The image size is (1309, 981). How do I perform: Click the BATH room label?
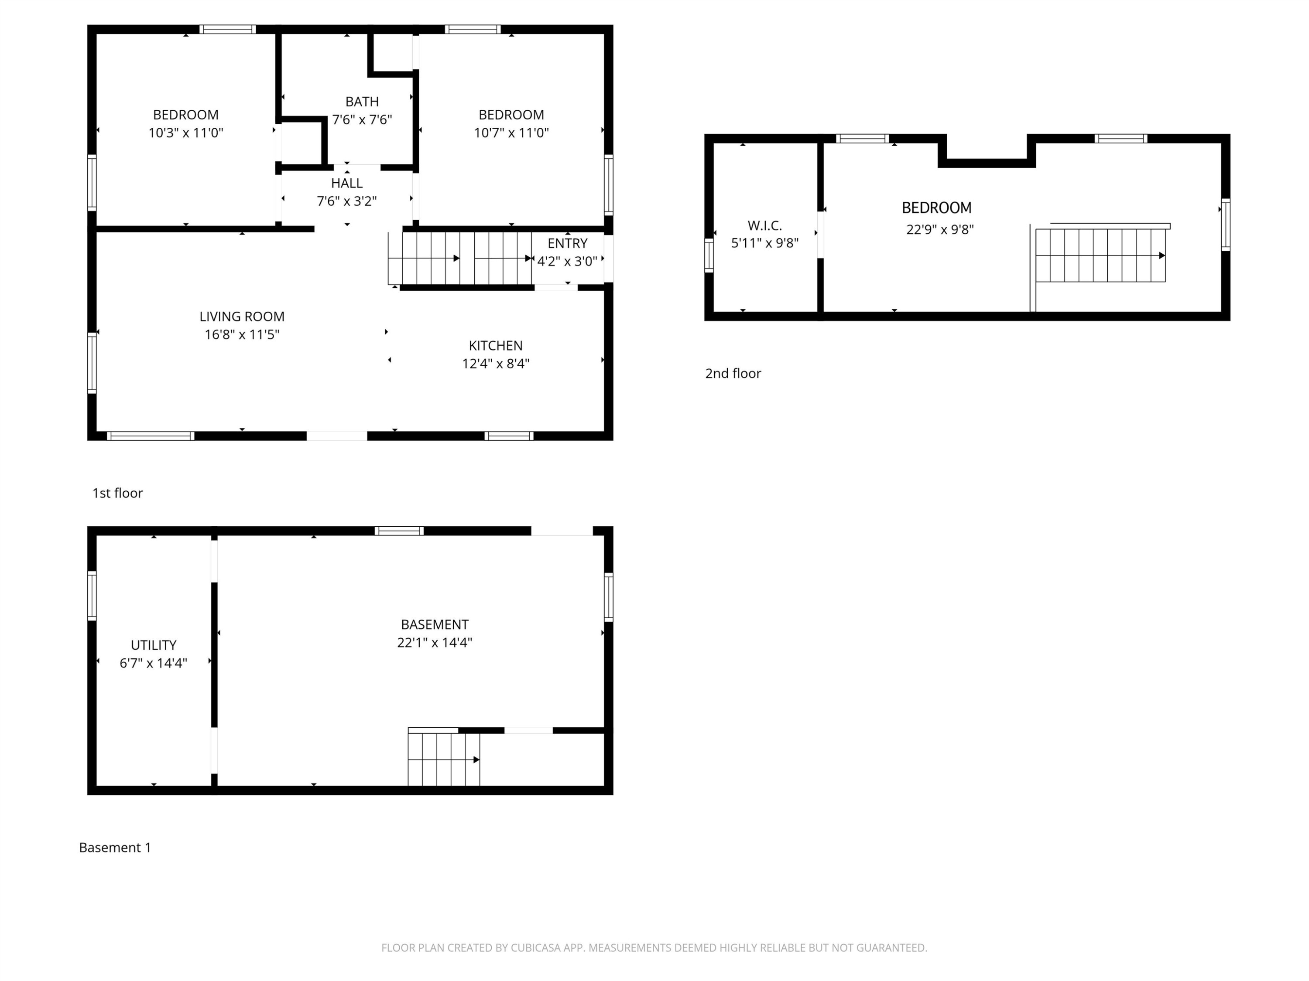point(362,102)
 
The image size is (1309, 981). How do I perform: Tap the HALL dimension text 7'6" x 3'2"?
point(347,201)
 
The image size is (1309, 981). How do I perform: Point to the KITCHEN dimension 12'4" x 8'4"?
point(496,364)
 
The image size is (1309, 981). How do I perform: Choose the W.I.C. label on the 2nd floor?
point(764,225)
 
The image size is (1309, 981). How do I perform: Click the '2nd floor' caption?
point(733,373)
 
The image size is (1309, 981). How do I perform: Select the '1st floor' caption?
point(117,493)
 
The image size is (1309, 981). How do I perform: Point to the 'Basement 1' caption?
point(115,847)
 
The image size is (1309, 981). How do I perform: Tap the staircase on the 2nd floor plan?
point(1101,255)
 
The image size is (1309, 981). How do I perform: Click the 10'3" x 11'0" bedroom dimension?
point(186,133)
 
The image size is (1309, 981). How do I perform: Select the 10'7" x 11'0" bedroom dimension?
point(511,133)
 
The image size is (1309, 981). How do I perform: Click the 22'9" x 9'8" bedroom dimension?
point(940,229)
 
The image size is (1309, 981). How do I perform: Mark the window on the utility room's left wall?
point(92,596)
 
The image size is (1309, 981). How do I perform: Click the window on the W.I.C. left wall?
point(709,255)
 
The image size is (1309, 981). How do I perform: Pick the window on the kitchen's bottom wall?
point(509,436)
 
